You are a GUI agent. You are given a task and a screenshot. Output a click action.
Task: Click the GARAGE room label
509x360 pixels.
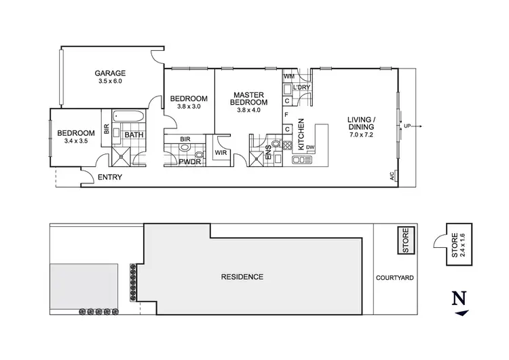point(109,73)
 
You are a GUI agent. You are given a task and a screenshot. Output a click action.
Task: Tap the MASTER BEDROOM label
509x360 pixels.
point(248,98)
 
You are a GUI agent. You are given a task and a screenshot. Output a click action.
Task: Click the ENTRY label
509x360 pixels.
point(109,177)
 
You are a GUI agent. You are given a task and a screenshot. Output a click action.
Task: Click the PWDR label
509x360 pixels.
point(189,161)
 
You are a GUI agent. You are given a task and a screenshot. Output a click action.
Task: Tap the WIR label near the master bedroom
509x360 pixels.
point(221,153)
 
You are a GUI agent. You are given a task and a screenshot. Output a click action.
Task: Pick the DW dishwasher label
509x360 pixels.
point(310,147)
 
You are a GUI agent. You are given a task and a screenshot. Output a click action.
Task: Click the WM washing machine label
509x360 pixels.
point(288,77)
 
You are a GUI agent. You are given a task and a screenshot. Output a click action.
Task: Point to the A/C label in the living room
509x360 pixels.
point(392,176)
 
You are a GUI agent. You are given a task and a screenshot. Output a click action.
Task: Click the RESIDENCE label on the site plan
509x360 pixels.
point(242,276)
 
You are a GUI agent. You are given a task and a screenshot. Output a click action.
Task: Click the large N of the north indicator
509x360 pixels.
point(459,298)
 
